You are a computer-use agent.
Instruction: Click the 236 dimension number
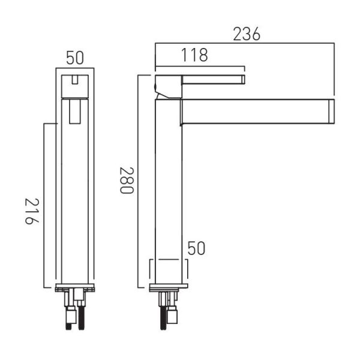[x=247, y=34]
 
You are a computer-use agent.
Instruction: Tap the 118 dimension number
[x=194, y=55]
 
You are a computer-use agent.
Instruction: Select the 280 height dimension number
[x=127, y=181]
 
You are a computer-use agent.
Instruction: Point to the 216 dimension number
[x=32, y=211]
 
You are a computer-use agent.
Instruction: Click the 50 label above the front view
[x=75, y=58]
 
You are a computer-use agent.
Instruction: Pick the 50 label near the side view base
[x=196, y=248]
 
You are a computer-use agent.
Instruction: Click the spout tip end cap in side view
[x=331, y=112]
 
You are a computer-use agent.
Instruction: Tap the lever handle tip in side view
[x=243, y=79]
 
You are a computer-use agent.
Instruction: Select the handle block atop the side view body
[x=169, y=87]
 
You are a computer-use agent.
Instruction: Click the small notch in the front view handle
[x=74, y=80]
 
